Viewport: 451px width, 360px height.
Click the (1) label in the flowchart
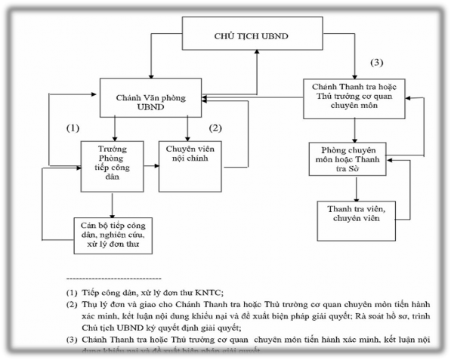73,128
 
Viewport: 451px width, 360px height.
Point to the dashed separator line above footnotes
113,278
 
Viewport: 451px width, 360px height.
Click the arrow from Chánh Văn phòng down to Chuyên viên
187,128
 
